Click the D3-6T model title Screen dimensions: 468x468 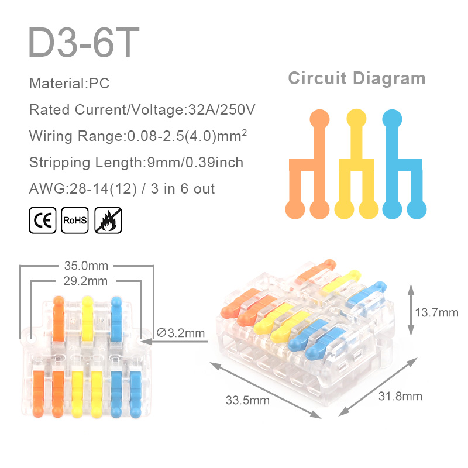(x=84, y=42)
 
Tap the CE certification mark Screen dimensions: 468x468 (x=43, y=221)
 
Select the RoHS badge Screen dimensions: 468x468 (x=75, y=221)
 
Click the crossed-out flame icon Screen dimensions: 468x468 (x=108, y=221)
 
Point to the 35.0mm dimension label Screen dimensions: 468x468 (x=86, y=266)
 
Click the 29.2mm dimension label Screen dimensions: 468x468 (x=85, y=281)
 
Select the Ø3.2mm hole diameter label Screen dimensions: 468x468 (x=181, y=333)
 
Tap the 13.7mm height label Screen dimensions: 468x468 (x=436, y=312)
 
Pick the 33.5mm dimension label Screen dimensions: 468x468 (x=247, y=400)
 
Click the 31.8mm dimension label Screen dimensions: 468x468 (x=400, y=396)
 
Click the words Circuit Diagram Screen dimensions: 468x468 (x=357, y=78)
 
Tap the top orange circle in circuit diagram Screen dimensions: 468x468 (x=319, y=119)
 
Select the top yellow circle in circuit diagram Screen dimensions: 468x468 (x=356, y=119)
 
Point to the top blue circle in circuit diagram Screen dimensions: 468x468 (x=392, y=119)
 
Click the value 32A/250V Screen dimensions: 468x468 (x=222, y=109)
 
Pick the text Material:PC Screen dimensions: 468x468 (x=69, y=83)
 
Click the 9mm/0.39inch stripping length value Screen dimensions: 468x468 (x=195, y=163)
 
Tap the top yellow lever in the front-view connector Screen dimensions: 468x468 (x=87, y=319)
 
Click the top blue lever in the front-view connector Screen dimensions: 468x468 (x=116, y=319)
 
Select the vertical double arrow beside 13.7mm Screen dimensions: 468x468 (x=411, y=310)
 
